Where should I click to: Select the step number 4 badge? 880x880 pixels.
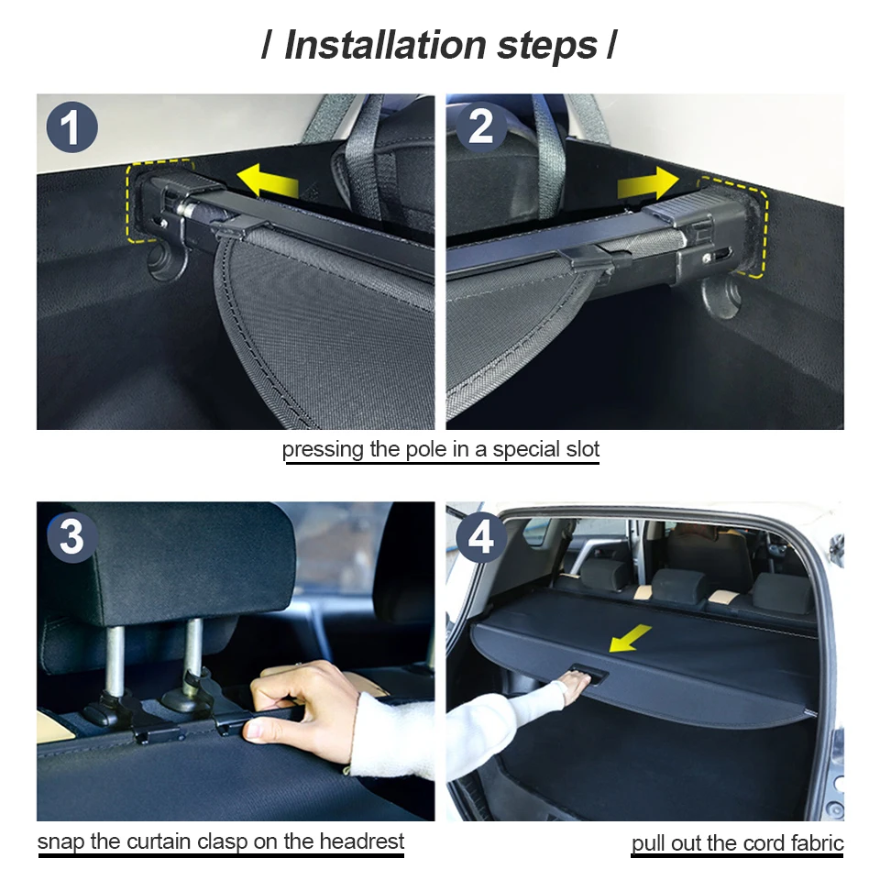pyautogui.click(x=480, y=538)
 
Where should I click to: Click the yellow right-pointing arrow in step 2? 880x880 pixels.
pyautogui.click(x=647, y=183)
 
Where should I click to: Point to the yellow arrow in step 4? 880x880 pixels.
pyautogui.click(x=630, y=638)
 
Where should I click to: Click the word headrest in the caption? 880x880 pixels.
pyautogui.click(x=364, y=841)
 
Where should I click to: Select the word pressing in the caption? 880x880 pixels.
pyautogui.click(x=317, y=449)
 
